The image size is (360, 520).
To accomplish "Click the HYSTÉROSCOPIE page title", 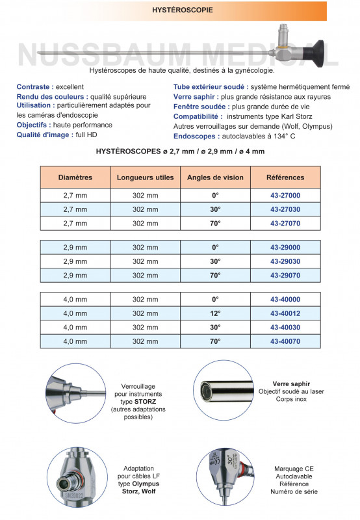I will [181, 11].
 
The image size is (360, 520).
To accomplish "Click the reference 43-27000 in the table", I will [285, 196].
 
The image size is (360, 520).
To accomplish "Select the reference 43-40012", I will [285, 313].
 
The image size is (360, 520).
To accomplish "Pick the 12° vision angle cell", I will [215, 313].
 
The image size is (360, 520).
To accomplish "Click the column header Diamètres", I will [75, 177].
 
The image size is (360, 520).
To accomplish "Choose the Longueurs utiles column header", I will [145, 177].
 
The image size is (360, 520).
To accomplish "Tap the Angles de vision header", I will [215, 177].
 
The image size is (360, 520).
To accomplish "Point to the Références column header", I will [285, 177].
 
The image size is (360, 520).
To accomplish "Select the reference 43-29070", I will [285, 275].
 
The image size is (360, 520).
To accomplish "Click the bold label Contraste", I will [34, 86].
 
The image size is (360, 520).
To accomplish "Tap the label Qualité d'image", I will [43, 135].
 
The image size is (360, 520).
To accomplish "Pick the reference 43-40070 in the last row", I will [285, 340].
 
